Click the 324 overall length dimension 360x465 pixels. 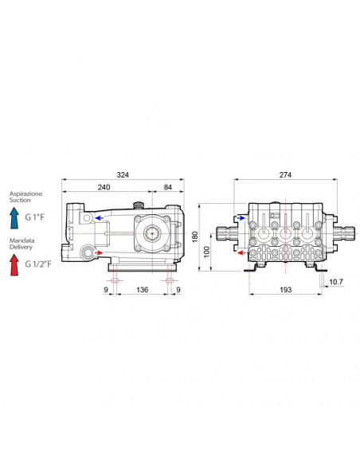click(123, 175)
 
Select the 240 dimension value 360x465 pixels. click(104, 187)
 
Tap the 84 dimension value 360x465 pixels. click(168, 187)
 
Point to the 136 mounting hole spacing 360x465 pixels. click(142, 290)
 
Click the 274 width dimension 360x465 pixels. click(285, 175)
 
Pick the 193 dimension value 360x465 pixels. click(285, 290)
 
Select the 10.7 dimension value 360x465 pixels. click(336, 282)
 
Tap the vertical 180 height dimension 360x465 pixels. click(195, 237)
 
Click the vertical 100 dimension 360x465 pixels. click(207, 252)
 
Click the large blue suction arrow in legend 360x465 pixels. click(14, 218)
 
